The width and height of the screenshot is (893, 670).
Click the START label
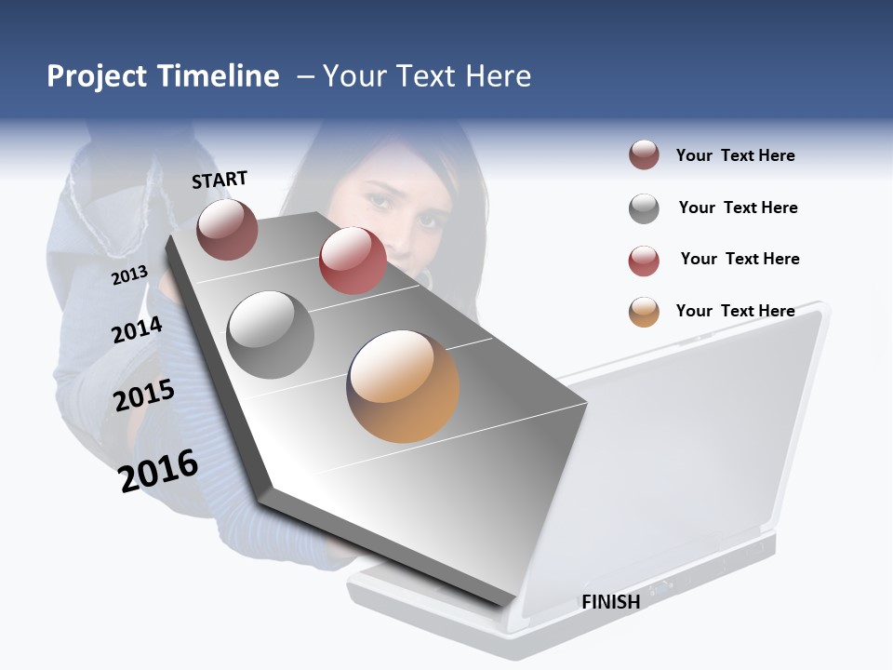(220, 180)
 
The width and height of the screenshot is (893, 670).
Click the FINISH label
(611, 602)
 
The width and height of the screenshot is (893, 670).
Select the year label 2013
(129, 275)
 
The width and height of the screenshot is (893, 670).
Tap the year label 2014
(137, 329)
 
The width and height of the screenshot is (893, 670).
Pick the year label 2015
(144, 395)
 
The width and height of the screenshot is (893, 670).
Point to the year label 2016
(158, 471)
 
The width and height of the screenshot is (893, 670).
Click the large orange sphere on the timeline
(403, 386)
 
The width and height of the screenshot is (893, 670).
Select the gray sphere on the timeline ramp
(270, 334)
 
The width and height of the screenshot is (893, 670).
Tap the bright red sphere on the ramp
(353, 261)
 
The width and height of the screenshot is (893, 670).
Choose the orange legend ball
(644, 312)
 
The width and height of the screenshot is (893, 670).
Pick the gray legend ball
(644, 208)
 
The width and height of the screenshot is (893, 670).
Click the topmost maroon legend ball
(644, 155)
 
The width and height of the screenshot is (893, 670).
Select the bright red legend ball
(644, 261)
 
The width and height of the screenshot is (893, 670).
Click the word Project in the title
(98, 76)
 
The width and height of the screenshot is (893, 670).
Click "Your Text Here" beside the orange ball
(736, 311)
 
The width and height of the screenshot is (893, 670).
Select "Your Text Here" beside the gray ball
(739, 208)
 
